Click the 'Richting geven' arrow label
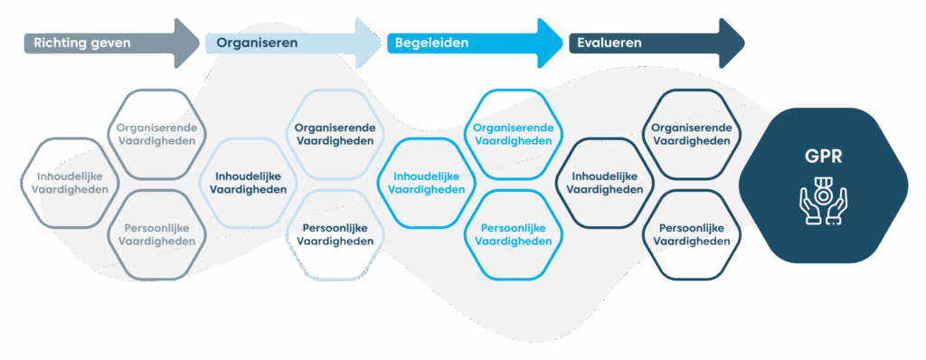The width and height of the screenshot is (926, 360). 82,43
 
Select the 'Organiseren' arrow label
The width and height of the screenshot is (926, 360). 257,43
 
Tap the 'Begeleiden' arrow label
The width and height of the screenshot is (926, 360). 431,43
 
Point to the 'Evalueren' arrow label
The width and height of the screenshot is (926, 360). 609,43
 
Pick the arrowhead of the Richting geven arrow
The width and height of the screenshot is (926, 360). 187,43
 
